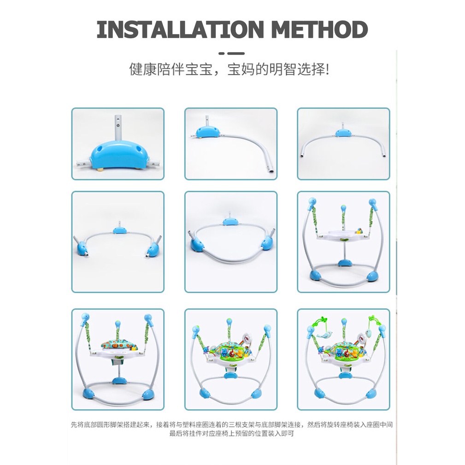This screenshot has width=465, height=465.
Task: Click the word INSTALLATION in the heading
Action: click(180, 29)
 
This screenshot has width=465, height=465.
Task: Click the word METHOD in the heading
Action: click(319, 29)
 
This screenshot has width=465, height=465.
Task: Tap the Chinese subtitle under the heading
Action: click(229, 70)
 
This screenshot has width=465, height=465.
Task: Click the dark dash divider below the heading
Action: click(232, 53)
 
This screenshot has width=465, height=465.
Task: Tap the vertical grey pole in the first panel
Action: click(118, 128)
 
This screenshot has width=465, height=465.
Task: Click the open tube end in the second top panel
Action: click(271, 171)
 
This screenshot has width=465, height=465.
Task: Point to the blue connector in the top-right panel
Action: click(343, 133)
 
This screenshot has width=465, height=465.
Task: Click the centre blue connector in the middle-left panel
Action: click(119, 230)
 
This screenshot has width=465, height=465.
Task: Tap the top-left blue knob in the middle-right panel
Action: click(312, 202)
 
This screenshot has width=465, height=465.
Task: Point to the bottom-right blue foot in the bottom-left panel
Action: click(147, 394)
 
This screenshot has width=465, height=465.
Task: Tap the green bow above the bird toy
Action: click(322, 320)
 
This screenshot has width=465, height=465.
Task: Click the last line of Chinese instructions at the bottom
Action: click(232, 434)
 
